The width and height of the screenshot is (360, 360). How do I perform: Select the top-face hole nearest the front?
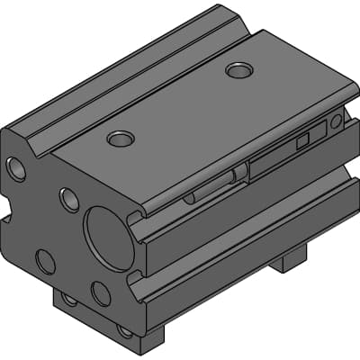coord(121,139)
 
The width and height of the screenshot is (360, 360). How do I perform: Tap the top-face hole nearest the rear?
coord(239,69)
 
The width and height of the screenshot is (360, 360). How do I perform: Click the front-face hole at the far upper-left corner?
coord(16,167)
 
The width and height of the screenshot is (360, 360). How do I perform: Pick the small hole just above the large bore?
coord(69,199)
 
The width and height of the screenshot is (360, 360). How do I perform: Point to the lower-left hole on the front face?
coord(45,261)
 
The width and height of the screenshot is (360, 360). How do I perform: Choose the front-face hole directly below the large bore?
coord(101,293)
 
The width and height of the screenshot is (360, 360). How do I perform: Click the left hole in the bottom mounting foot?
coord(69,300)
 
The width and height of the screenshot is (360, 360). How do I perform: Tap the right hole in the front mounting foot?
coord(124,330)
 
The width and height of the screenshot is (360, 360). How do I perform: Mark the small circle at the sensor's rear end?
coord(336,121)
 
